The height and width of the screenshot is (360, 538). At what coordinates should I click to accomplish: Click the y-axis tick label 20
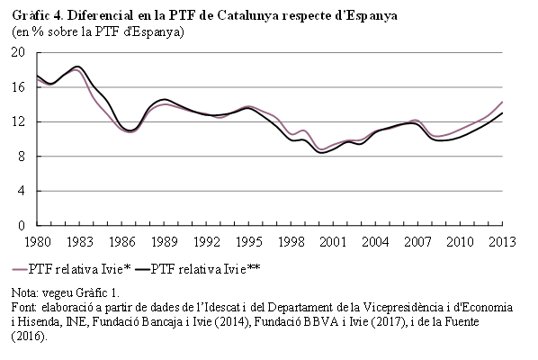[17, 52]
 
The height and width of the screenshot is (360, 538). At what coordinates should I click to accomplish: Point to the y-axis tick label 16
[17, 87]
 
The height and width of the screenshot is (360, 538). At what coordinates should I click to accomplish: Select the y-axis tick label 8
[21, 157]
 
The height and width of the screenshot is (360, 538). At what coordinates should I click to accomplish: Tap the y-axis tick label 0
[21, 225]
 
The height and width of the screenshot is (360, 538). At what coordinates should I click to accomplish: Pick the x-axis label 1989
[163, 241]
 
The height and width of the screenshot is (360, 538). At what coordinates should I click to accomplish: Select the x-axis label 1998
[290, 241]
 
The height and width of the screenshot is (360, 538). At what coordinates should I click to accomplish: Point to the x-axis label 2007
[417, 241]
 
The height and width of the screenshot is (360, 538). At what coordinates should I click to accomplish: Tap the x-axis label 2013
[501, 241]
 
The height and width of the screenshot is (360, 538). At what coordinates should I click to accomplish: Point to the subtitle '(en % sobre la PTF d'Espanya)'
[98, 31]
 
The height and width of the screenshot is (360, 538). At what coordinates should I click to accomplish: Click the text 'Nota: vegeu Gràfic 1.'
[65, 292]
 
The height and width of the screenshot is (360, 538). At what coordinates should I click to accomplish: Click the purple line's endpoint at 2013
[501, 102]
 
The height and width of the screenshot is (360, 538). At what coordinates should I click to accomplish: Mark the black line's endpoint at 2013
[501, 112]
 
